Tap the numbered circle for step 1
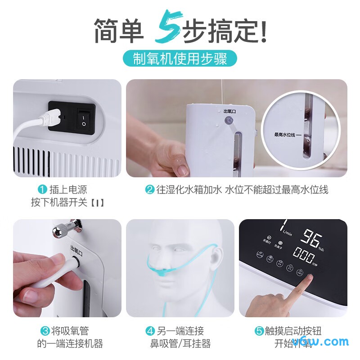[x=42, y=189]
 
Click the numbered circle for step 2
[x=149, y=189]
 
